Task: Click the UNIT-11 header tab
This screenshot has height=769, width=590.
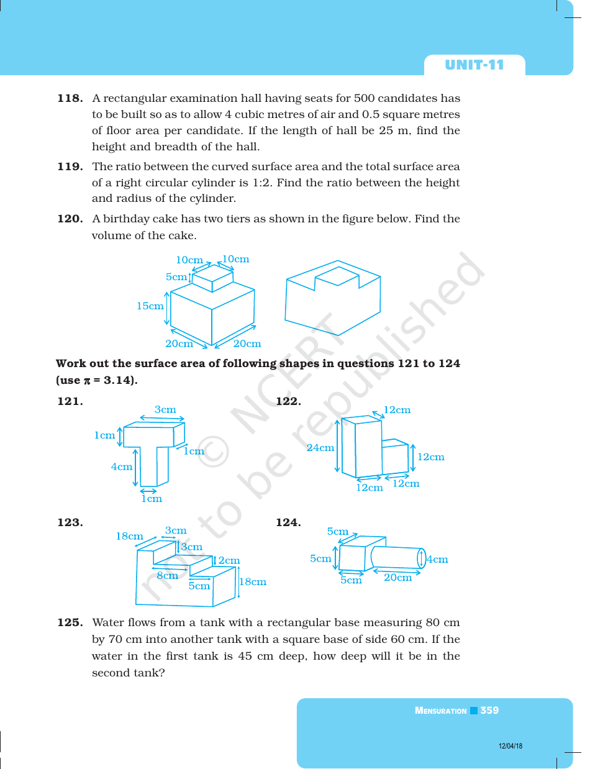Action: click(x=474, y=65)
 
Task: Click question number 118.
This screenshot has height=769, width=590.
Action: click(x=70, y=98)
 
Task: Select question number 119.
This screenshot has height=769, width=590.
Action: click(x=70, y=166)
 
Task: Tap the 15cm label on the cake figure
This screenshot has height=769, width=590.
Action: click(x=150, y=306)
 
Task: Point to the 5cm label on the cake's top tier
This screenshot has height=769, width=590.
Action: click(x=176, y=277)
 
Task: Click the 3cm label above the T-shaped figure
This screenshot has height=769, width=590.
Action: click(x=165, y=409)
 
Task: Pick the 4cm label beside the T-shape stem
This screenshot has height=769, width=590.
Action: click(x=122, y=466)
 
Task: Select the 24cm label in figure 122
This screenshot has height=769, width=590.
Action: click(x=320, y=447)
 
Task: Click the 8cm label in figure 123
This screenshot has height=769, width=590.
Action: click(x=167, y=576)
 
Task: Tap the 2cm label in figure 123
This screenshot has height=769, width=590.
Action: click(x=229, y=560)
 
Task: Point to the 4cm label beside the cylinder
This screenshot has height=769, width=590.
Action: click(x=437, y=559)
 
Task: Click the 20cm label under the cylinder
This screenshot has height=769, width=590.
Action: click(x=397, y=578)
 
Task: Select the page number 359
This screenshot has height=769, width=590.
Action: click(x=489, y=711)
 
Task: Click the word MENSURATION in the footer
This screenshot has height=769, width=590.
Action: click(x=440, y=711)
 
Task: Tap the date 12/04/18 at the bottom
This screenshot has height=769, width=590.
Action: click(x=511, y=746)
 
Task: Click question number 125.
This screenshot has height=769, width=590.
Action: click(x=70, y=622)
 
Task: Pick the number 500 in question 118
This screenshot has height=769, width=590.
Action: click(x=364, y=98)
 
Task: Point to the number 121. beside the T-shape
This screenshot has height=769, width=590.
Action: click(x=70, y=401)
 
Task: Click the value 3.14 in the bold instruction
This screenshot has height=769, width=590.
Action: click(x=117, y=380)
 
